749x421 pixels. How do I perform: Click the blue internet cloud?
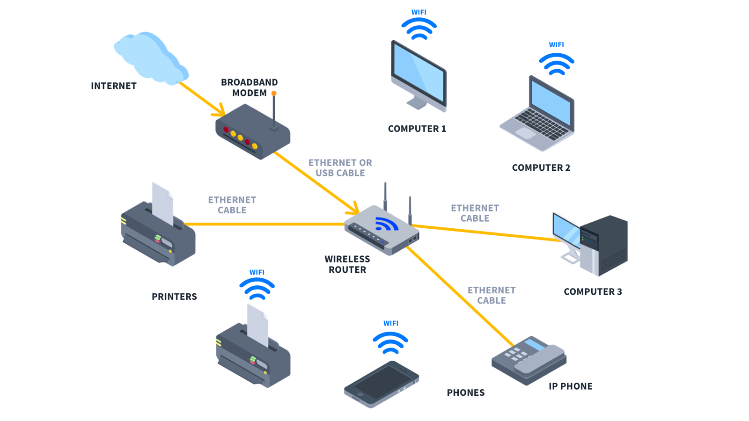coord(150,58)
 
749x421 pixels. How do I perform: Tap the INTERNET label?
coord(114,86)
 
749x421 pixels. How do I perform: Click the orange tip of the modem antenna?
coord(274,94)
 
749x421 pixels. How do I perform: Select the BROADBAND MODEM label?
coord(249,87)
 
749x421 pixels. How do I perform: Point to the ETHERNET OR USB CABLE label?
coord(340,168)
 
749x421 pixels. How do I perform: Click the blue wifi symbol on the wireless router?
coord(386,225)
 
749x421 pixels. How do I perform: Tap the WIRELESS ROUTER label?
coord(347,264)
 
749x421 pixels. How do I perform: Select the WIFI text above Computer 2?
coord(556,45)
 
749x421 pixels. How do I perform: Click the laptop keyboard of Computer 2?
coord(543,124)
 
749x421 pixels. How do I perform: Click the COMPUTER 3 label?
coord(593,292)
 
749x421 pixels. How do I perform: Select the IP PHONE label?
coord(570,386)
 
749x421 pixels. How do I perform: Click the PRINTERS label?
coord(174,297)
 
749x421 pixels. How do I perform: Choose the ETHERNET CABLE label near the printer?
coord(232,205)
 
